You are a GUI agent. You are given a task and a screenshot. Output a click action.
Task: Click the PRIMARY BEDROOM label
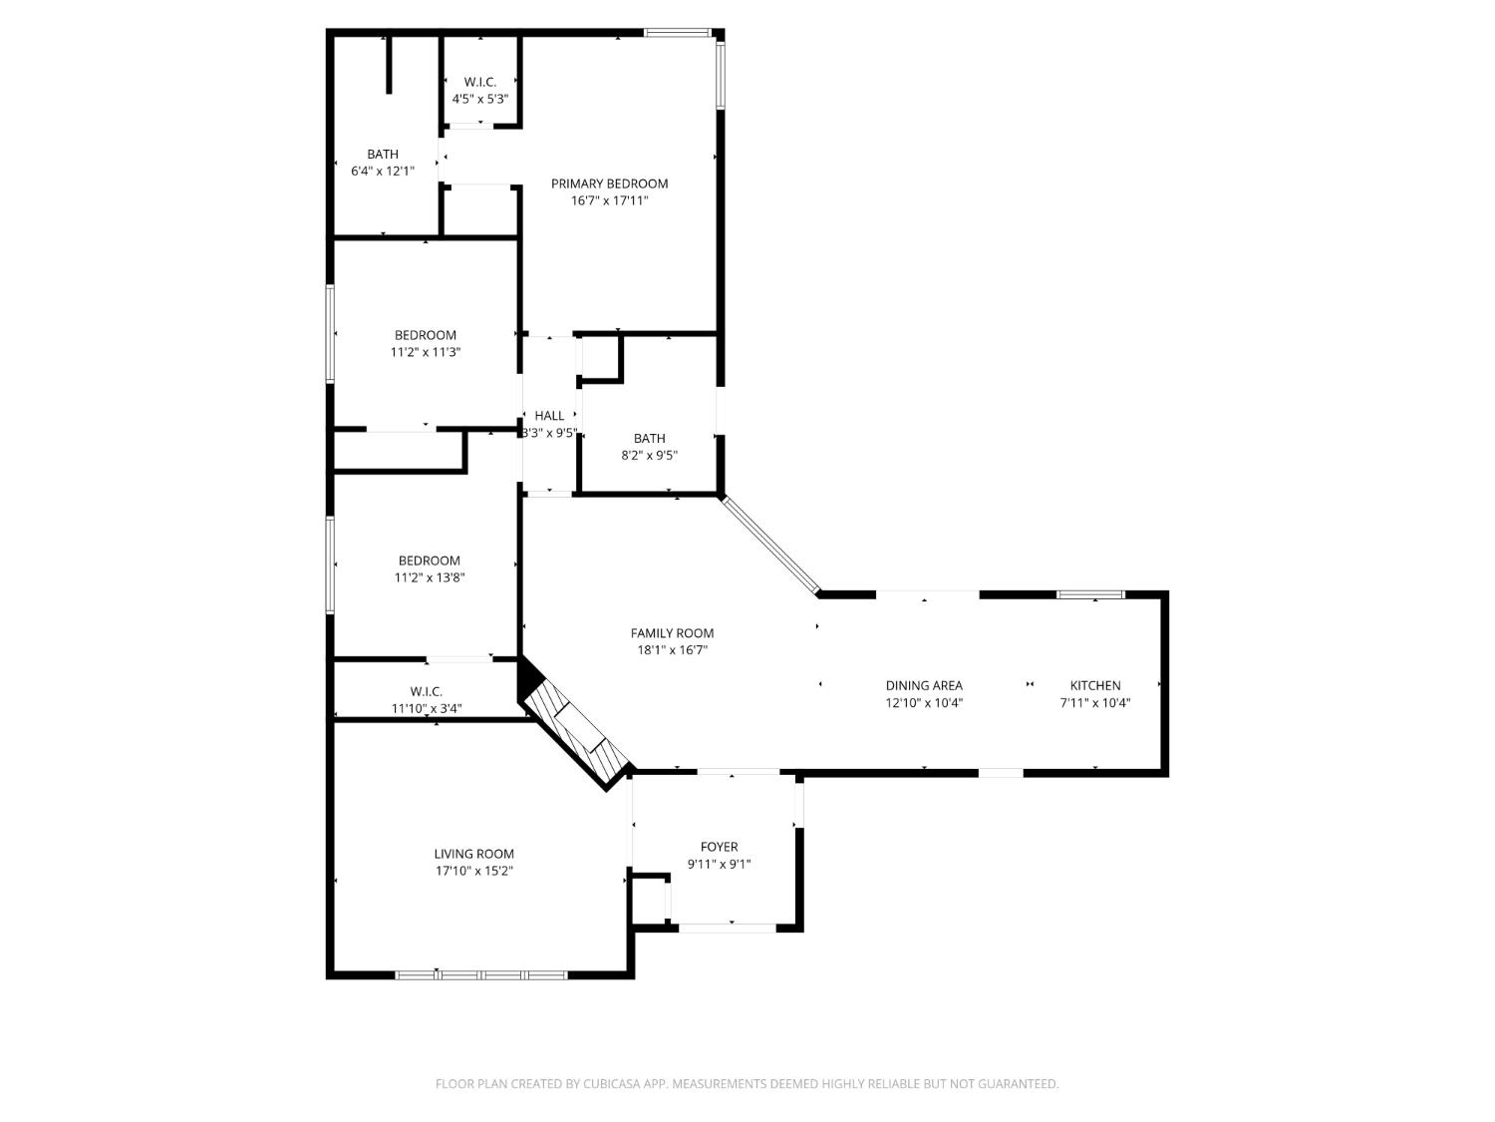[x=609, y=184]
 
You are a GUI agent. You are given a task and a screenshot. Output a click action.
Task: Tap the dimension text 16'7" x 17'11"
[x=609, y=200]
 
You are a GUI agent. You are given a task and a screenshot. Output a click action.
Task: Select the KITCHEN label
[x=1095, y=685]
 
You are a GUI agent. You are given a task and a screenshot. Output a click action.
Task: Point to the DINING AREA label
[x=924, y=685]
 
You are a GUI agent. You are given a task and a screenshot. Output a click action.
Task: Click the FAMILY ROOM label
[x=672, y=633]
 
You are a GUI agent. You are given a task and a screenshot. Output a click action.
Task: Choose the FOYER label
[x=719, y=848]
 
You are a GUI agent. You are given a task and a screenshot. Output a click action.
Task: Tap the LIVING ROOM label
[x=473, y=854]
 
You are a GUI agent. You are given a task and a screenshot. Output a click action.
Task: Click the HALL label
[x=549, y=416]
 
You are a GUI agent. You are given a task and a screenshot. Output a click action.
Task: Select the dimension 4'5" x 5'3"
[x=480, y=99]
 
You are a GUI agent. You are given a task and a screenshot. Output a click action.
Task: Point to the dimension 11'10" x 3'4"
[x=426, y=709]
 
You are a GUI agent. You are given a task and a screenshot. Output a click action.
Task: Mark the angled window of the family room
[x=770, y=546]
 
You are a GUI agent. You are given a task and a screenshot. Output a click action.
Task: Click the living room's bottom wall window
[x=481, y=974]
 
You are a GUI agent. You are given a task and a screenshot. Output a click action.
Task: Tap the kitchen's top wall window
[x=1090, y=595]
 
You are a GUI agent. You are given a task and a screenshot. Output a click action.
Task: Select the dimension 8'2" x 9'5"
[x=649, y=455]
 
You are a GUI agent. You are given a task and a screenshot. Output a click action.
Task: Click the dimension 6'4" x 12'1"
[x=382, y=171]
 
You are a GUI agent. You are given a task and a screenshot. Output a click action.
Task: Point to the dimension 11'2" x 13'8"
[x=429, y=577]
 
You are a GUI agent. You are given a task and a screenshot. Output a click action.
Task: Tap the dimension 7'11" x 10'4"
[x=1094, y=702]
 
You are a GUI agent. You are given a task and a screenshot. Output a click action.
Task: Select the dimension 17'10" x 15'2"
[x=473, y=871]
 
